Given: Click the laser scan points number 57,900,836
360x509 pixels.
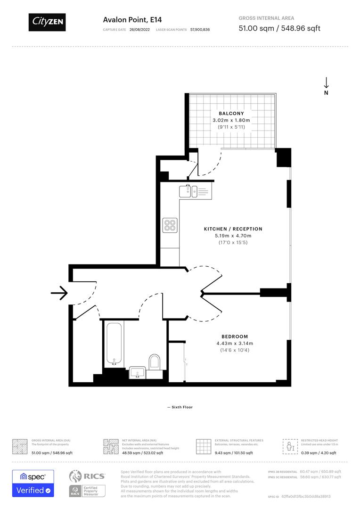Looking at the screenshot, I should (200, 29).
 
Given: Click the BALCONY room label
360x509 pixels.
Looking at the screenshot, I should (231, 114).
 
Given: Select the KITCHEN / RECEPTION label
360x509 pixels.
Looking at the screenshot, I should (233, 229).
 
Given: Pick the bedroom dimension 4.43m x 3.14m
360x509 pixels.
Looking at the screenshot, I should (235, 343).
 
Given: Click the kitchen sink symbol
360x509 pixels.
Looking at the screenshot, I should (190, 191).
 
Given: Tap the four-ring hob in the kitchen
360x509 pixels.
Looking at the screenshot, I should (170, 225).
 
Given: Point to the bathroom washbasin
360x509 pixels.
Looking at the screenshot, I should (138, 373).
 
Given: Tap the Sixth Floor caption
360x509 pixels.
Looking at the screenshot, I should (180, 407).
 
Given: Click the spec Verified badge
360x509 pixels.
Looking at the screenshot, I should (33, 483).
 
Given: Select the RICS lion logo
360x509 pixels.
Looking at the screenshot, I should (76, 476).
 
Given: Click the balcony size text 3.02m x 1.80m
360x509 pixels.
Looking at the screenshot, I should (231, 120).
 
